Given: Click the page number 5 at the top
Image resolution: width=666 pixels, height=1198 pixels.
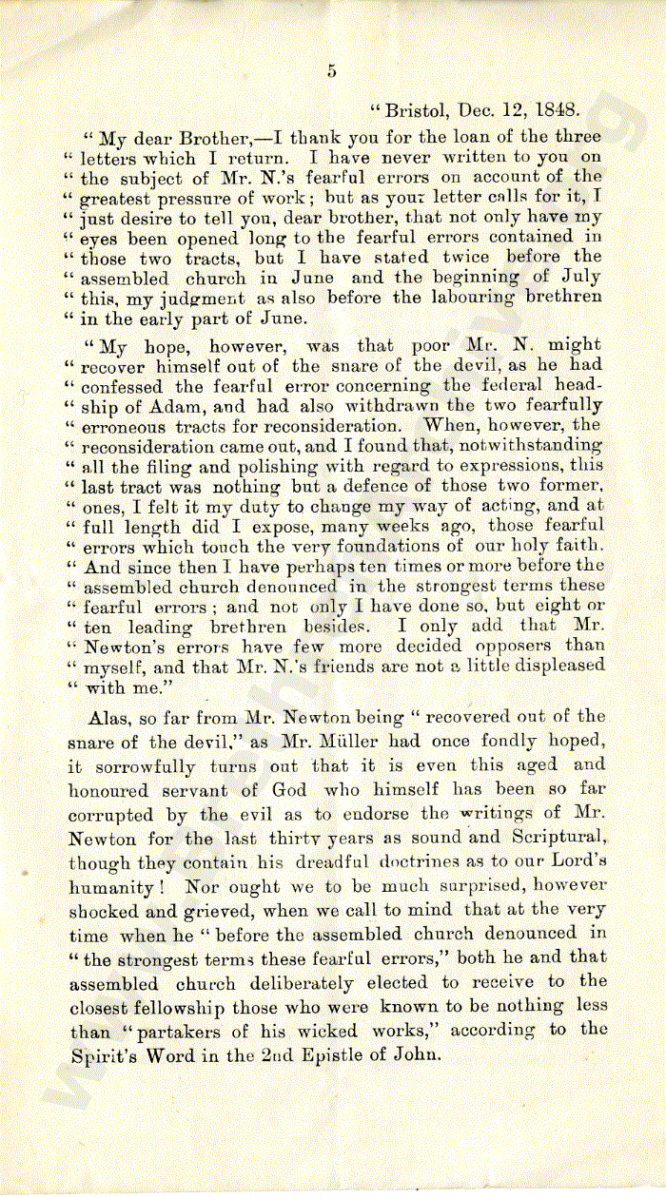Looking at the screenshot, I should click(x=332, y=69).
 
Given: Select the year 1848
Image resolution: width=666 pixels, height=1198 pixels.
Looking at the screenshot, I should click(x=558, y=109).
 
